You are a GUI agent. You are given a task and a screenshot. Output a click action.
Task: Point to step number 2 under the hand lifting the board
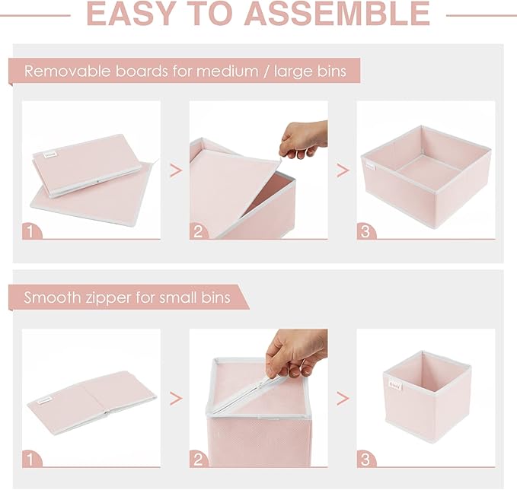(199, 230)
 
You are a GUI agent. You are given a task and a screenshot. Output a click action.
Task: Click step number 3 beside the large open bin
(366, 230)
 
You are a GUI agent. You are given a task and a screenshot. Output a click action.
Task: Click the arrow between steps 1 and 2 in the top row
(175, 170)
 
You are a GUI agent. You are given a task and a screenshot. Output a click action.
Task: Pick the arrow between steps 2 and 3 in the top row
(343, 170)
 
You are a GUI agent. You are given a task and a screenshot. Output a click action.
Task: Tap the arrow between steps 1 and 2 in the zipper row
(175, 398)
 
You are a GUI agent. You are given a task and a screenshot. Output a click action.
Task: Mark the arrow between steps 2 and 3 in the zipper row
(343, 398)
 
